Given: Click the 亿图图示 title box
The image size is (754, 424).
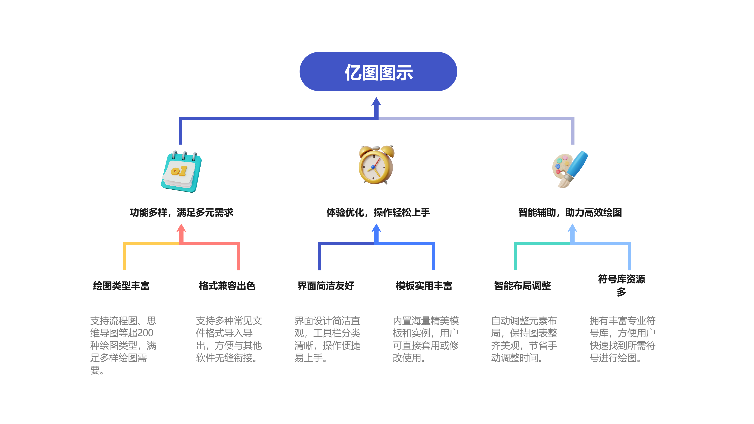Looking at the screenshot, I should click(378, 72).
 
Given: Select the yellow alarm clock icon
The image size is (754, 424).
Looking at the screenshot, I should click(376, 165).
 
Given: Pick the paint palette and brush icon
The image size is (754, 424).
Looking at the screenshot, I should click(570, 169).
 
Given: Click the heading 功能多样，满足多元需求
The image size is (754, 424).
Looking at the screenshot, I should click(182, 212).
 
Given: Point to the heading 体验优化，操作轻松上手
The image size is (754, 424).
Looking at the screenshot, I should click(378, 212).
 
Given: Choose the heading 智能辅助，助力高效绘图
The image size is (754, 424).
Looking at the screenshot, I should click(570, 212).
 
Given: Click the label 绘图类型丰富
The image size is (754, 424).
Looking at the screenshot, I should click(121, 286).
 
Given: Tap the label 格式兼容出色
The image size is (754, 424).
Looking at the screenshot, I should click(227, 286).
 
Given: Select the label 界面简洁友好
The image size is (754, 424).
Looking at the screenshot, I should click(326, 286).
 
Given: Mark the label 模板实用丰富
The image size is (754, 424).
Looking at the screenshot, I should click(424, 286).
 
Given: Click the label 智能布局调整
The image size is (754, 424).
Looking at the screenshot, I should click(523, 286).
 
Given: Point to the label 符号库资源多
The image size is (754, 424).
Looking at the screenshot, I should click(621, 285).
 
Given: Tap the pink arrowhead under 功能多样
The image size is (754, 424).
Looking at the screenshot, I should click(181, 229).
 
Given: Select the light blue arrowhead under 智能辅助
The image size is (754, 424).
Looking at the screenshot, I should click(572, 229).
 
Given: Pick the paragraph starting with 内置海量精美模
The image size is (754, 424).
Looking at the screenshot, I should click(426, 339).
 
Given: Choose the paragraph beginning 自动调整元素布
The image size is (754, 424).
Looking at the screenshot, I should click(524, 339).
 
